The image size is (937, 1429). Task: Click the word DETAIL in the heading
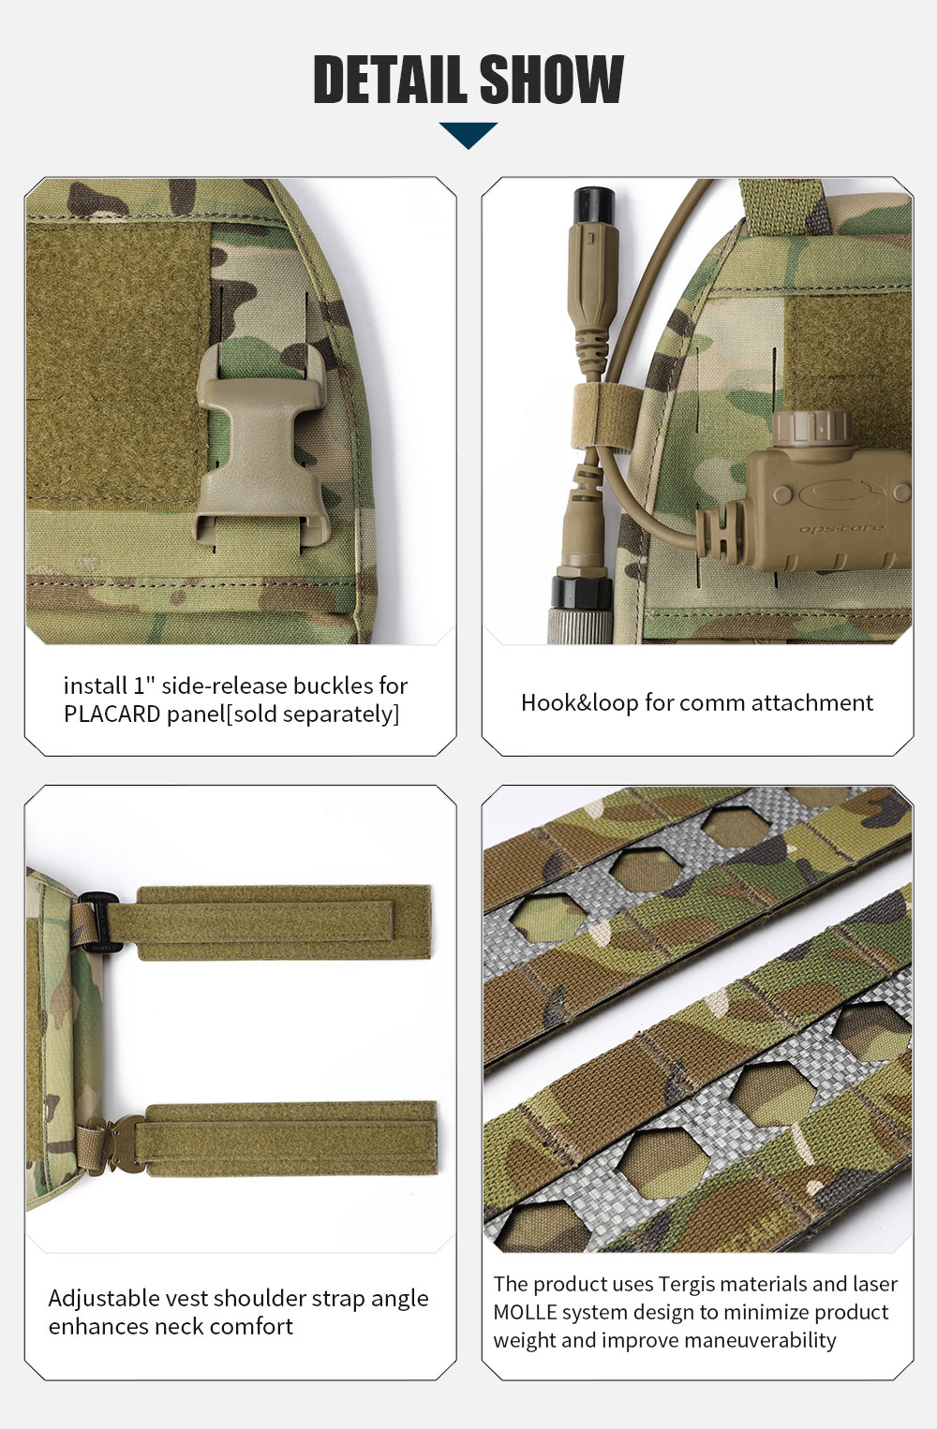(x=392, y=79)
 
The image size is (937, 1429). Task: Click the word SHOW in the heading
(x=551, y=79)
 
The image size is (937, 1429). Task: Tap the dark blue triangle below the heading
(x=468, y=135)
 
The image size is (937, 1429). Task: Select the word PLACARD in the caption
(x=112, y=714)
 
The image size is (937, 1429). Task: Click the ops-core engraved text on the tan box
(x=841, y=528)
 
